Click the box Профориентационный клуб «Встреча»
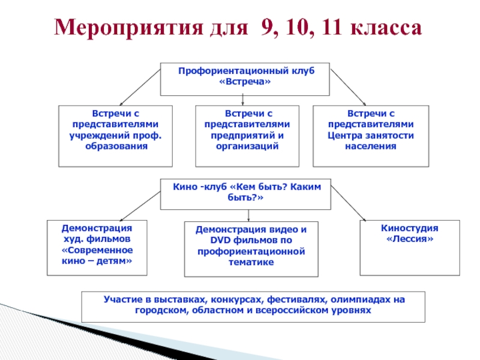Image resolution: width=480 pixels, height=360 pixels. [245, 79]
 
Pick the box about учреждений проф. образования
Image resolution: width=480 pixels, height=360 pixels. [115, 136]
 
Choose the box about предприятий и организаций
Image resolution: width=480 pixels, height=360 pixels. [247, 136]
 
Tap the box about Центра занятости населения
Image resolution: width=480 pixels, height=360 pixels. [371, 136]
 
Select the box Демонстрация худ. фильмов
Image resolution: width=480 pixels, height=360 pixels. [97, 247]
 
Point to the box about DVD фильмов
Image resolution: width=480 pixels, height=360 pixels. [251, 249]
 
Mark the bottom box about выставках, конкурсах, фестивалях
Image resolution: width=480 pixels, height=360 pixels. [253, 307]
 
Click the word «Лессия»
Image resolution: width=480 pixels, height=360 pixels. [410, 239]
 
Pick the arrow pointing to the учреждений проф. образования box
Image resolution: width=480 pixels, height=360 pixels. [139, 85]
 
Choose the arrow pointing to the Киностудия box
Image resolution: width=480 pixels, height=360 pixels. [349, 203]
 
